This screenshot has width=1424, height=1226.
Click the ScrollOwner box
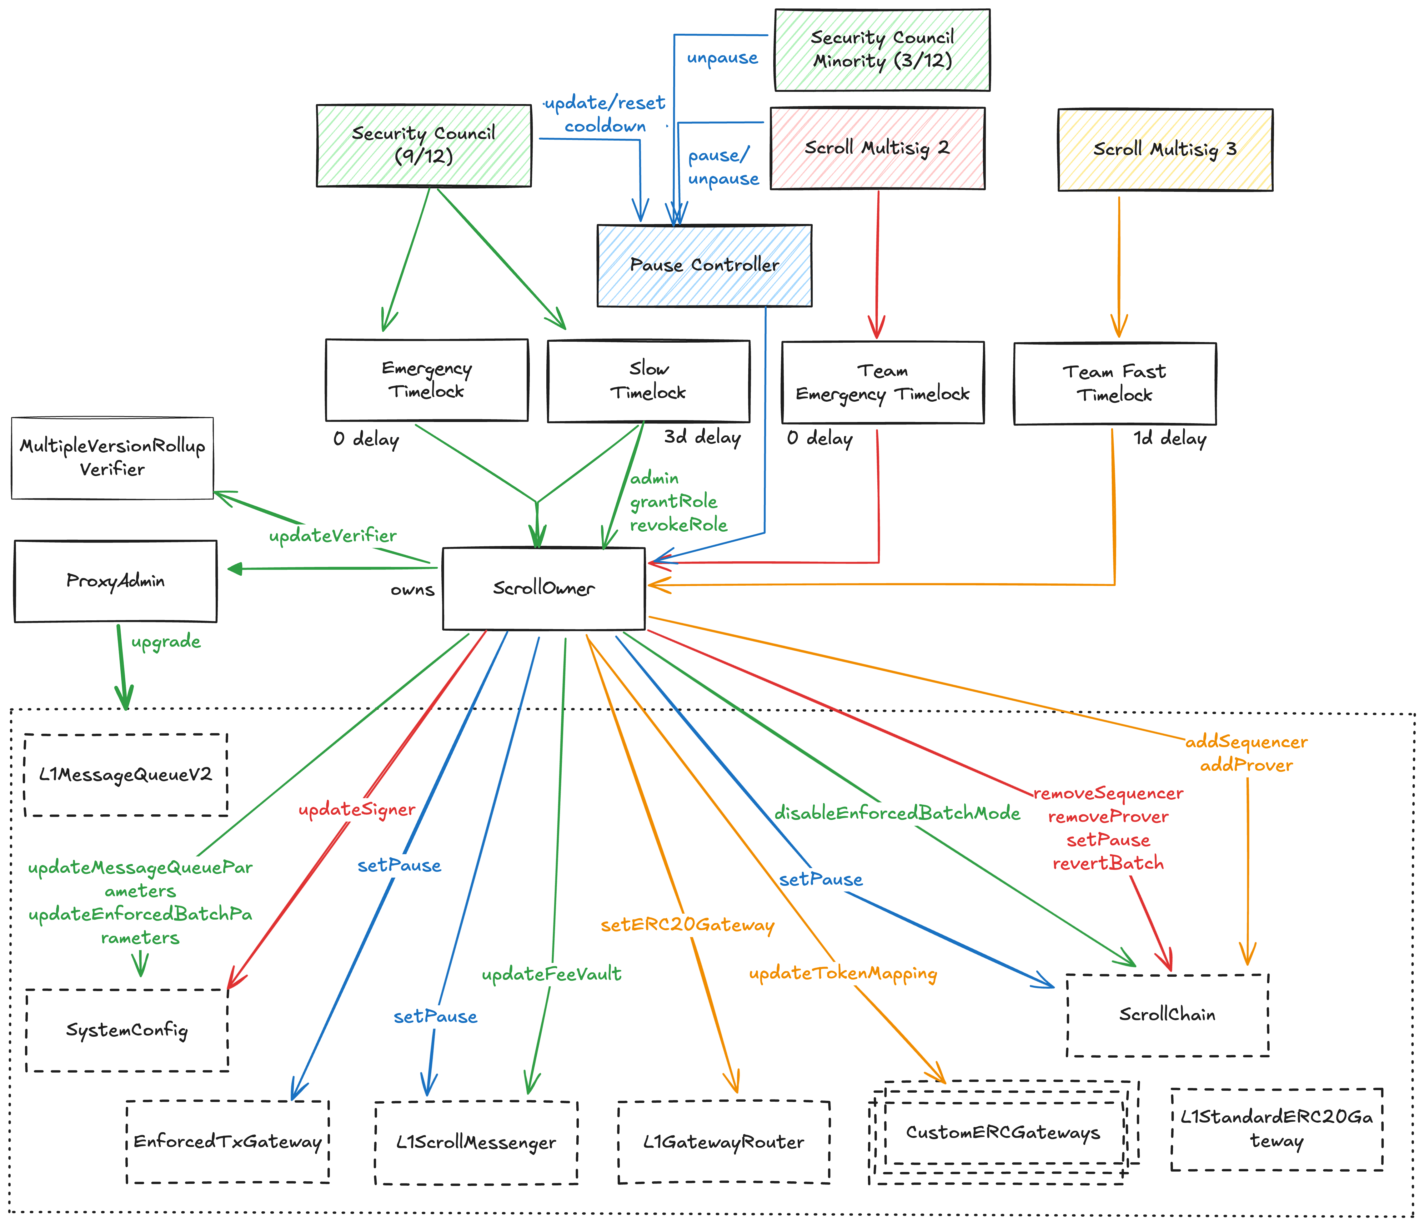(x=544, y=588)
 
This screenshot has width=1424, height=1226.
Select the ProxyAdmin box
(x=115, y=581)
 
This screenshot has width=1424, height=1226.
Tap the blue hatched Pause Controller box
(x=704, y=265)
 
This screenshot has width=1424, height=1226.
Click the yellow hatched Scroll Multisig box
(x=1165, y=150)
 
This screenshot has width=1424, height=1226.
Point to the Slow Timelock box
(x=648, y=381)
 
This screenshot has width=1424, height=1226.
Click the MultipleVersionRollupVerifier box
(x=112, y=458)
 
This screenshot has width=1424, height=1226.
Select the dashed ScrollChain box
(x=1167, y=1015)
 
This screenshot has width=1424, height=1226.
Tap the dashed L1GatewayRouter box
(x=724, y=1142)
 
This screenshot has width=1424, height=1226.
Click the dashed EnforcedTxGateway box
(x=228, y=1142)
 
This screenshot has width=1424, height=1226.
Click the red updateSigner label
(x=357, y=810)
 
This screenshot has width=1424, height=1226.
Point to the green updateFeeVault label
(x=551, y=974)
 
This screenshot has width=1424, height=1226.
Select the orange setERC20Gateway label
(x=687, y=925)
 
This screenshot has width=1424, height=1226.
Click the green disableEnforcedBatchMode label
(x=897, y=813)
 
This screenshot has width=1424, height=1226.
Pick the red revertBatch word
(x=1108, y=863)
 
